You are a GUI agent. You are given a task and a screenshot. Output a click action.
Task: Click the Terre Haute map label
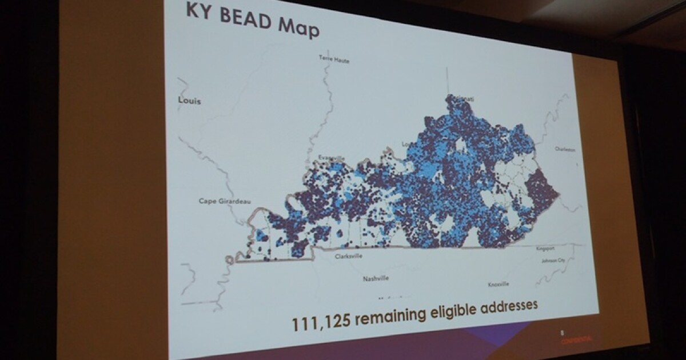pos(334,59)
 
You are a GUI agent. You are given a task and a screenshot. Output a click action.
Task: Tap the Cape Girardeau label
pos(225,201)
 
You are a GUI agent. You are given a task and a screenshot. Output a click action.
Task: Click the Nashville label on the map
pos(376,279)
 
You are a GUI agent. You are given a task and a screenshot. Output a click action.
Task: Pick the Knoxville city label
pos(498,284)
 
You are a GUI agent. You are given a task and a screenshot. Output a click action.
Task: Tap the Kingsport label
pos(545,249)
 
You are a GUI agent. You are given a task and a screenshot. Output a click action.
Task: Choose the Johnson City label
pos(553,261)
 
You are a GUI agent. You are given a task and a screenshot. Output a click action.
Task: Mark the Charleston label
pos(564,149)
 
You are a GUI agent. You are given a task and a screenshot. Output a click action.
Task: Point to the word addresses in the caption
pos(509,305)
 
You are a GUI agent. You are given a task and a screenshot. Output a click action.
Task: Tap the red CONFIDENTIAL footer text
pos(576,339)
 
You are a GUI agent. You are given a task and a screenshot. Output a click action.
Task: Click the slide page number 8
pos(562,332)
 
